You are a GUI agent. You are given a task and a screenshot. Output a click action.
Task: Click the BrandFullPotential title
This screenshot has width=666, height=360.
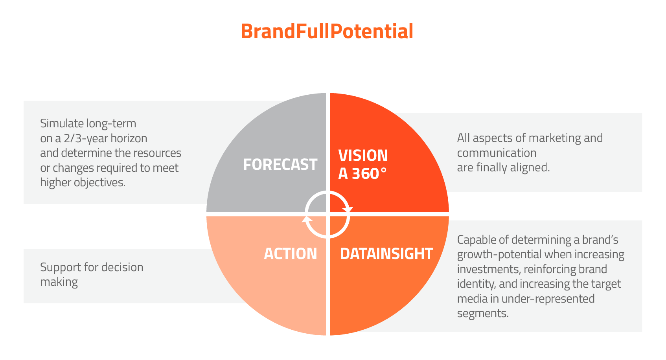pyautogui.click(x=327, y=31)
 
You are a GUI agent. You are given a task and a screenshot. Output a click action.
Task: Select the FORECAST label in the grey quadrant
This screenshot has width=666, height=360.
pyautogui.click(x=280, y=164)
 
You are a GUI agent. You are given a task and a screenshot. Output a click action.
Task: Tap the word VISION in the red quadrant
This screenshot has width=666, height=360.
pyautogui.click(x=363, y=155)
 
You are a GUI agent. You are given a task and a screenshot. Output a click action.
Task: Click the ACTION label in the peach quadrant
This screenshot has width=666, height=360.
pyautogui.click(x=291, y=253)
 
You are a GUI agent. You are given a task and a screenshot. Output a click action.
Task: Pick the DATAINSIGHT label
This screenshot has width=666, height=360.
pyautogui.click(x=386, y=253)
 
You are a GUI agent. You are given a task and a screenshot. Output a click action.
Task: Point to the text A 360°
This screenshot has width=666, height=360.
pyautogui.click(x=362, y=174)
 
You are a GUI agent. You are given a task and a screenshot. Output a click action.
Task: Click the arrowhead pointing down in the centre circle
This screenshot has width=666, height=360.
pyautogui.click(x=347, y=209)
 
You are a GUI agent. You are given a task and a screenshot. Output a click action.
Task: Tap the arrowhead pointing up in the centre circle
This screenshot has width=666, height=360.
pyautogui.click(x=307, y=219)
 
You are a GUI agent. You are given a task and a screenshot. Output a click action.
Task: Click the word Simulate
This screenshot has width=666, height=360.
pyautogui.click(x=62, y=123)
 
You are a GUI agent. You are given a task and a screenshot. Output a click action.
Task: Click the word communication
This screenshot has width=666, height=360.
pyautogui.click(x=497, y=153)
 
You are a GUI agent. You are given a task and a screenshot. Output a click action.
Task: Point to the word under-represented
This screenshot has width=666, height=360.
pyautogui.click(x=548, y=299)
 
